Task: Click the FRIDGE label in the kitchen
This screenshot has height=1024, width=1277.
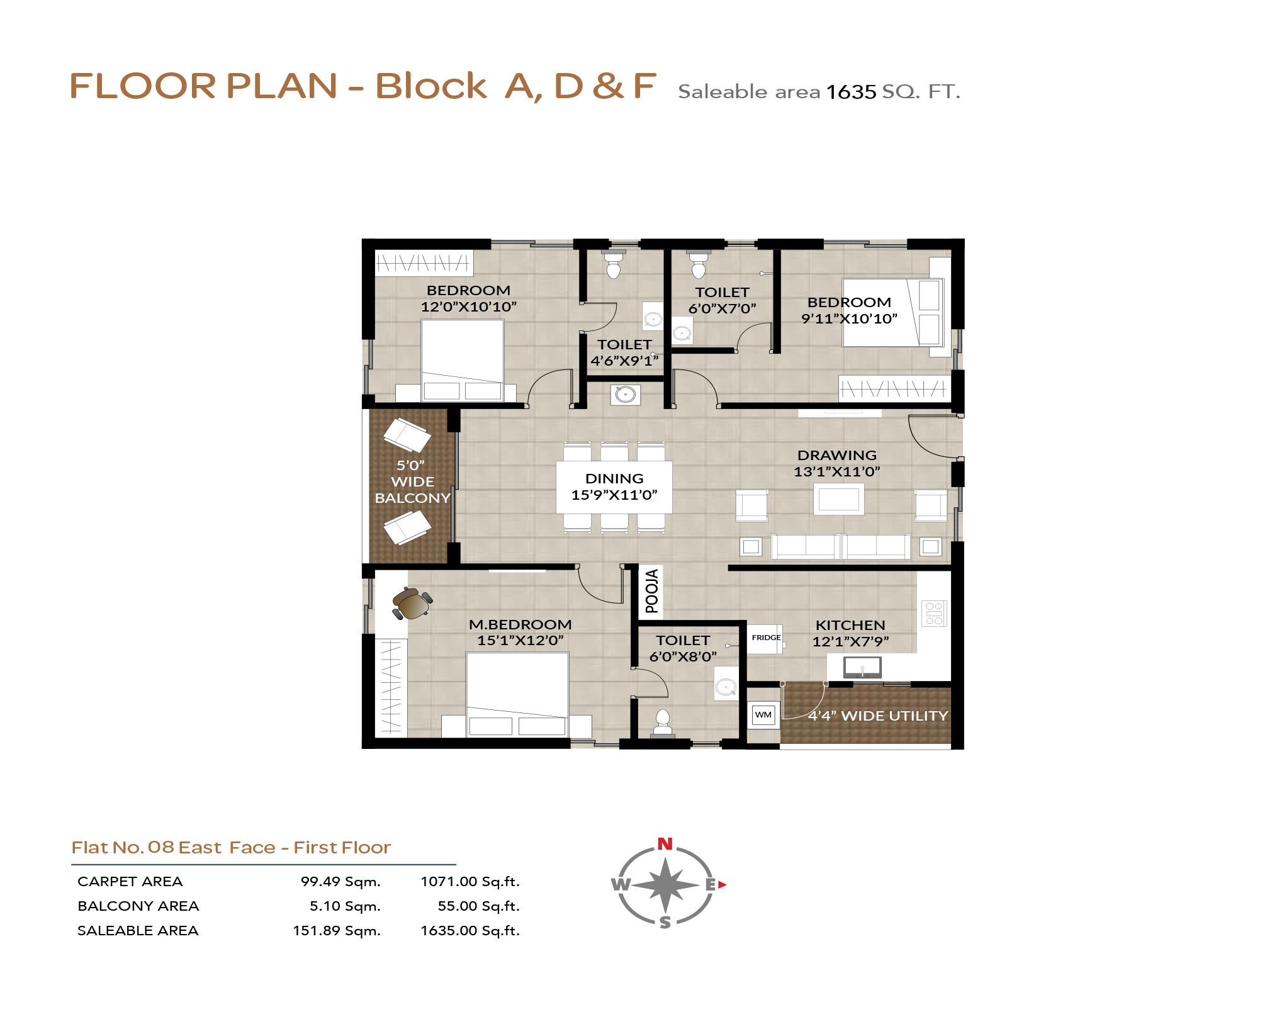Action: coord(766,638)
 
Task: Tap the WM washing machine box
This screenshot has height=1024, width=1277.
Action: coord(763,715)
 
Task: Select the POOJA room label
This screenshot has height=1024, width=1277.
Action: coord(652,591)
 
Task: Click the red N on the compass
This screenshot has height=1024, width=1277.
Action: coord(665,844)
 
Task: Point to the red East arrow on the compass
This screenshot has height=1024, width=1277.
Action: coord(722,884)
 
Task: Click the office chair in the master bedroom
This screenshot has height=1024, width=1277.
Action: coord(412,604)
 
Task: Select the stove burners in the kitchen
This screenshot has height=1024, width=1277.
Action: coord(934,613)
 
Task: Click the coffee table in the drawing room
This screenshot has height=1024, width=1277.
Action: coord(838,499)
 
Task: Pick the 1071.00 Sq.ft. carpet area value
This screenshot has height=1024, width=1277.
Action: coord(470,882)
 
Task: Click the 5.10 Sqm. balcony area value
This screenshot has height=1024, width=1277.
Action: coord(345,906)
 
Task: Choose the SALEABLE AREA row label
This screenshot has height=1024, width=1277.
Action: coord(138,931)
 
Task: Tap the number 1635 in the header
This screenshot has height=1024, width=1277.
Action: coord(851,92)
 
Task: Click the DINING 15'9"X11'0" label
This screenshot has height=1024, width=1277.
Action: coord(614,487)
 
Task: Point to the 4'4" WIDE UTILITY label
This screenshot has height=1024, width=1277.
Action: coord(878,716)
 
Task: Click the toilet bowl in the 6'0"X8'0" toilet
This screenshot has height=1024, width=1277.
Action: coord(662,723)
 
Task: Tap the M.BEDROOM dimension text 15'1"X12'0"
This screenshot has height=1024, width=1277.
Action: coord(520,641)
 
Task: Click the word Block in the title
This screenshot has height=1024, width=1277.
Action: coord(431,86)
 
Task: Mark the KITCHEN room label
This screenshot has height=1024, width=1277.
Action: coord(850,625)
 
